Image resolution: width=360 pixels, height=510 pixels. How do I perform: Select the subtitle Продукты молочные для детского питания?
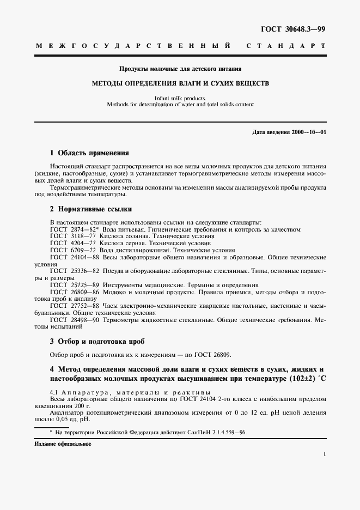[x=180, y=69]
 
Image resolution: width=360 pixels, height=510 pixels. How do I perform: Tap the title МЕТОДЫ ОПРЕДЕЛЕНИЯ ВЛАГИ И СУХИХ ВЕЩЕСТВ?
[x=180, y=84]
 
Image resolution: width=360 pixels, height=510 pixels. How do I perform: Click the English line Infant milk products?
[x=180, y=99]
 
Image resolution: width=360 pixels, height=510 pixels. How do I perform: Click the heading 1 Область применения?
[x=89, y=153]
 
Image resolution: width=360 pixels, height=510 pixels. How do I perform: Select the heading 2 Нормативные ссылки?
[x=91, y=209]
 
